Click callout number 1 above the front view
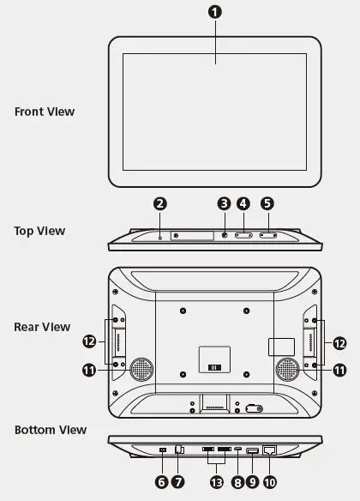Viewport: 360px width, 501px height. tap(215, 13)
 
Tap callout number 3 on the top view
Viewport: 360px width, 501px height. tap(224, 204)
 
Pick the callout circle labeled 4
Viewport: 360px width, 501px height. tap(243, 204)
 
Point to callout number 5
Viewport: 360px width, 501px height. tap(267, 204)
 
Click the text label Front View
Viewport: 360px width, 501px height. tap(45, 112)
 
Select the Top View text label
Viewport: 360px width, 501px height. tap(39, 231)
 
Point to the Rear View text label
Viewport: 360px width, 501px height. tap(42, 327)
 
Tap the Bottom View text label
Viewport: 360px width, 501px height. tap(50, 429)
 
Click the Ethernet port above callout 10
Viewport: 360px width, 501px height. tap(269, 450)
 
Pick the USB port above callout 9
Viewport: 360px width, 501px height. tap(252, 450)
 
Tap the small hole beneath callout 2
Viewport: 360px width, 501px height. tap(160, 235)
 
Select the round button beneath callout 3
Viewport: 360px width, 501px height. tap(225, 235)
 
